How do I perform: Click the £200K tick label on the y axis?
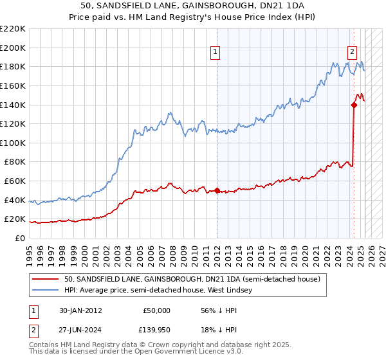click(13, 48)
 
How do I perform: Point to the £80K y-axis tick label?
click(15, 162)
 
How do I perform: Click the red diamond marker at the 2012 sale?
click(217, 190)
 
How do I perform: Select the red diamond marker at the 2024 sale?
click(354, 104)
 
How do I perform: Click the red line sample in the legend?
click(46, 278)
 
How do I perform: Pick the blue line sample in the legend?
click(46, 290)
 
